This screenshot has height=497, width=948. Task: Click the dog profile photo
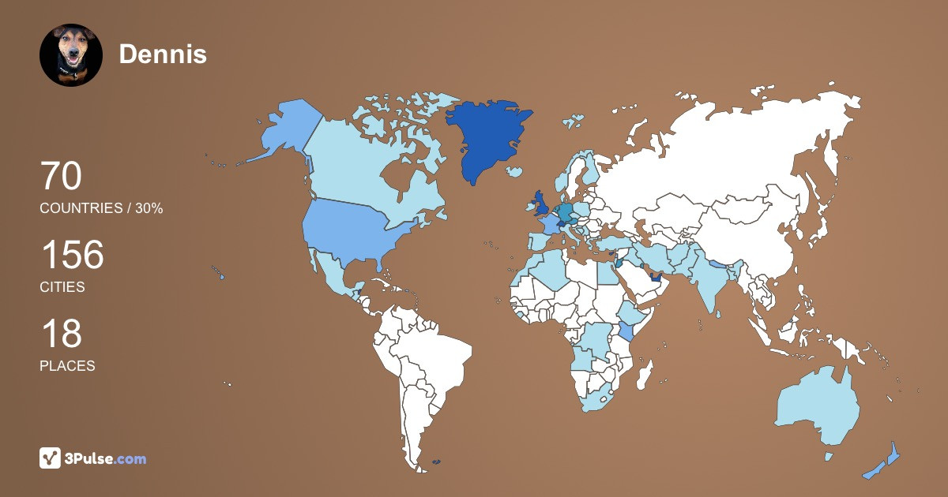pyautogui.click(x=71, y=54)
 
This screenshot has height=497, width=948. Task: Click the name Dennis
pyautogui.click(x=163, y=54)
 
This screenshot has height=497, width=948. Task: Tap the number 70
pyautogui.click(x=61, y=177)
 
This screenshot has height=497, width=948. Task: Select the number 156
pyautogui.click(x=72, y=256)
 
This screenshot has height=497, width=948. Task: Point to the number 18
pyautogui.click(x=61, y=334)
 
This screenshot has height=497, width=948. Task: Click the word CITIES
pyautogui.click(x=62, y=287)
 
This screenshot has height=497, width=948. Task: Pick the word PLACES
pyautogui.click(x=67, y=366)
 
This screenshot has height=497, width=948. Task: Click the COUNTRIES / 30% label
pyautogui.click(x=101, y=208)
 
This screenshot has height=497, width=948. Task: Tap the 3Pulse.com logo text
pyautogui.click(x=107, y=458)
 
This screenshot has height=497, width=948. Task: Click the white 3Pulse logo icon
pyautogui.click(x=51, y=458)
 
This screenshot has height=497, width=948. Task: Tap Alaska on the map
pyautogui.click(x=284, y=130)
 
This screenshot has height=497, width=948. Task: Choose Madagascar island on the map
pyautogui.click(x=645, y=373)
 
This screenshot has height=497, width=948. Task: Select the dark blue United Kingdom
pyautogui.click(x=541, y=204)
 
